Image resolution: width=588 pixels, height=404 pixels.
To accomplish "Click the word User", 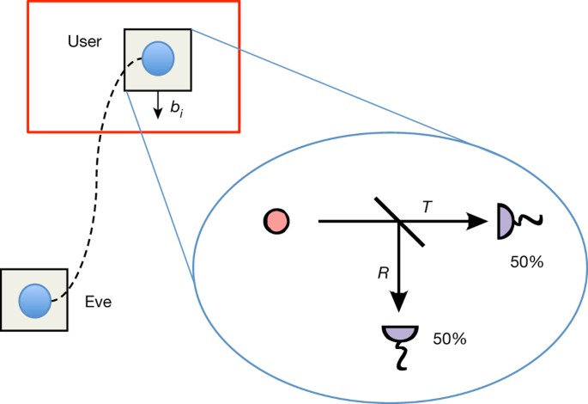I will [x=85, y=41].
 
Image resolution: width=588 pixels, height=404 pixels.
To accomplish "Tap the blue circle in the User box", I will [x=158, y=59].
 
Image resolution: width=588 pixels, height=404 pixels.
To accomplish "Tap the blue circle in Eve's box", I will [x=34, y=300].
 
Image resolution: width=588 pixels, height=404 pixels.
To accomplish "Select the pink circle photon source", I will [x=276, y=222].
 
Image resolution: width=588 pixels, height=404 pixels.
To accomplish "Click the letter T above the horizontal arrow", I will [x=426, y=206].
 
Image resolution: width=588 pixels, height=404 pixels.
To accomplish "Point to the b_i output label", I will [x=176, y=110].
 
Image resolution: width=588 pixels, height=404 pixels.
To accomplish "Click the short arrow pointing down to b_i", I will [x=156, y=105].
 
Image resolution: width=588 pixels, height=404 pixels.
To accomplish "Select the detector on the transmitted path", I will [x=504, y=223].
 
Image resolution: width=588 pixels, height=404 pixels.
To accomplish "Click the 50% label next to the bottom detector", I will [x=450, y=339].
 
